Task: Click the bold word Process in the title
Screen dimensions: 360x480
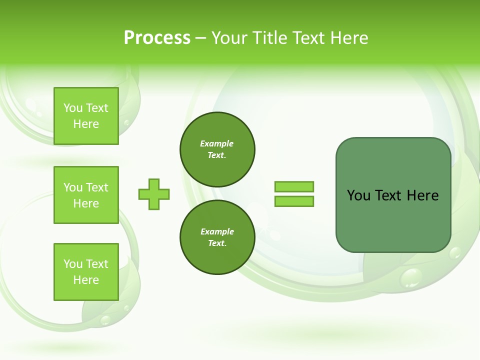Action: point(157,38)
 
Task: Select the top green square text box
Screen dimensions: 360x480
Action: point(86,116)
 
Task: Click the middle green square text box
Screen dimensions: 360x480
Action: point(86,195)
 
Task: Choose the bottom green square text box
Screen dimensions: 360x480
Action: point(86,272)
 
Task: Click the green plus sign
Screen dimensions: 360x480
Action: point(154,194)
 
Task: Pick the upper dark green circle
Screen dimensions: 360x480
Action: point(217,149)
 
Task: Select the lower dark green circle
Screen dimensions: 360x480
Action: point(217,237)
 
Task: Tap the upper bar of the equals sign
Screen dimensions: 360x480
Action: point(294,187)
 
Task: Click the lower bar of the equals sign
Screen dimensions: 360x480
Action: point(294,201)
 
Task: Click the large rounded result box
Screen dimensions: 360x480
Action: point(393,220)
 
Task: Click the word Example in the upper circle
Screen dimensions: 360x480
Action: point(217,143)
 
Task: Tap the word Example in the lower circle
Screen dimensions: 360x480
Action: point(217,231)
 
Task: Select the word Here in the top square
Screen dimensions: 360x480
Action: point(86,124)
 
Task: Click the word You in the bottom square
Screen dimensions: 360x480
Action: point(73,264)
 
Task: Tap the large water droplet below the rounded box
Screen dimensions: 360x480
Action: point(411,277)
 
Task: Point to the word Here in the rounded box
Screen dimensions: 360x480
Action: point(422,195)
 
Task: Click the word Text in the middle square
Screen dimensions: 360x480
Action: point(97,187)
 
